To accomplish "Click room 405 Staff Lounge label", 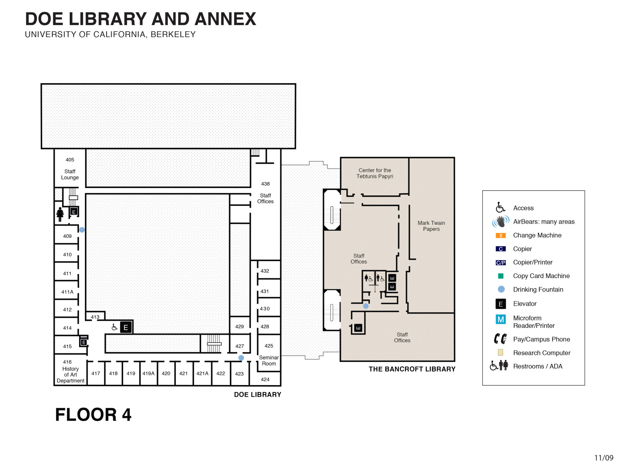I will point(70,169).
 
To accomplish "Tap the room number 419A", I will point(148,373).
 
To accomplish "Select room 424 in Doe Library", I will point(265,380).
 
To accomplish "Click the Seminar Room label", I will point(269,361).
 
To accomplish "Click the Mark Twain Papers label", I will point(431,226).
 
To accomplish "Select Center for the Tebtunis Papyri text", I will point(375,173).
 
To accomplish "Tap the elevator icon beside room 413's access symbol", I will point(126,327).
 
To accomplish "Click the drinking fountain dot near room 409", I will point(82,230).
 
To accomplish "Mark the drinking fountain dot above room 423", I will point(241,358).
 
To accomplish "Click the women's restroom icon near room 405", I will point(60,214).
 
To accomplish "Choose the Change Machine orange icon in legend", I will point(501,235).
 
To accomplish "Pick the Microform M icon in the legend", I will point(501,319).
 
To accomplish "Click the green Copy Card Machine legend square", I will point(501,276).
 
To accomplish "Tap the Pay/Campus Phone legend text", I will point(541,339).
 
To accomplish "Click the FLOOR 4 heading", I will point(93,415).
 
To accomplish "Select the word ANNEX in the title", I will point(225,19).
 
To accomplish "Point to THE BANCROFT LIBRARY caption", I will point(412,369).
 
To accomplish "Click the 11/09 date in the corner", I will point(604,458).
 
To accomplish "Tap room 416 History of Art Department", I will point(70,372).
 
